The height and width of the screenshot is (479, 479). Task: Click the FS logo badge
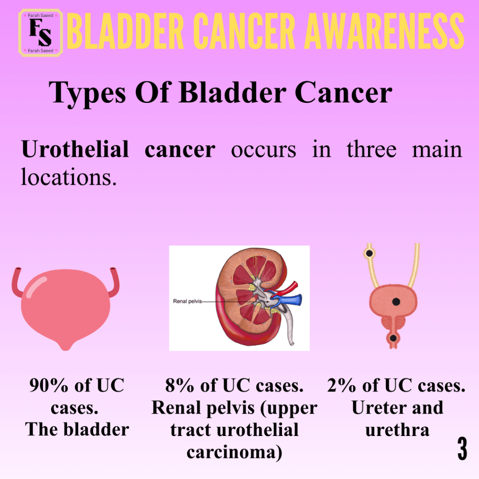coord(41,33)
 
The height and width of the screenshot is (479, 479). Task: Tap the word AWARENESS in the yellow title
coord(385,31)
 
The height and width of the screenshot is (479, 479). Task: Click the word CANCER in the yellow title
coord(244,31)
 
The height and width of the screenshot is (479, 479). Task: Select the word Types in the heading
coord(87,93)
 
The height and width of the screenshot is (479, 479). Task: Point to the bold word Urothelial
coord(75,149)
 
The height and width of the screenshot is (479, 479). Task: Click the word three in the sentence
coord(371,149)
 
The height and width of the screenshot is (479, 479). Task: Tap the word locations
coord(69,177)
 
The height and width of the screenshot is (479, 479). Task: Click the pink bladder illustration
coord(65,309)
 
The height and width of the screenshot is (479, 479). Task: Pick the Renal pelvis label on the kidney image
coord(187,301)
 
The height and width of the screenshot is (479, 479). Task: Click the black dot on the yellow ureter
coord(370,253)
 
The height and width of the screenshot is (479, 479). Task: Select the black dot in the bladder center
coord(396,302)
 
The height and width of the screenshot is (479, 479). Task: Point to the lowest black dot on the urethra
coord(393,338)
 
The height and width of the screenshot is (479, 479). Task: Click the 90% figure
coord(49,385)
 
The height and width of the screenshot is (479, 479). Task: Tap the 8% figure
coord(180,385)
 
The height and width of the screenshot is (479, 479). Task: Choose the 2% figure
coord(341,385)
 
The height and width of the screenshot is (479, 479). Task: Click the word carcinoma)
coord(234,452)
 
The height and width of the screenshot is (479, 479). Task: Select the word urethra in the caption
coord(397,430)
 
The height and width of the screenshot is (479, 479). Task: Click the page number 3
coord(462,449)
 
